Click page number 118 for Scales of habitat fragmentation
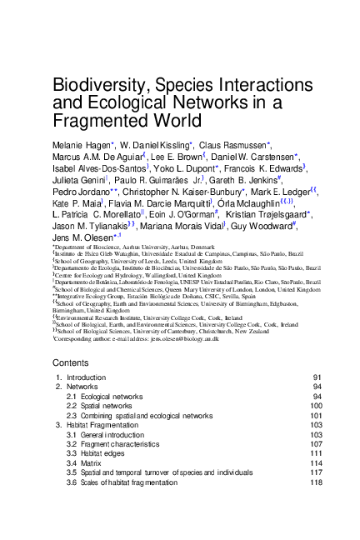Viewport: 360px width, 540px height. click(316, 482)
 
